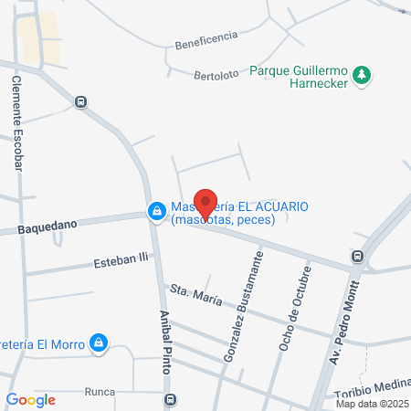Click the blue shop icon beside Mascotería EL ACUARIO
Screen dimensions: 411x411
(x=157, y=212)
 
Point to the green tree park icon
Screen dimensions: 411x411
(x=364, y=75)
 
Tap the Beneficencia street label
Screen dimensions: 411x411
(x=207, y=38)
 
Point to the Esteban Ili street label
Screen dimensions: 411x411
(x=121, y=262)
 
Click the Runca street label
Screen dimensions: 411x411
(x=99, y=392)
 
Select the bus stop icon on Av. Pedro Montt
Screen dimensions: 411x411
(x=358, y=258)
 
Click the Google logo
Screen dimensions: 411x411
(x=30, y=399)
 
